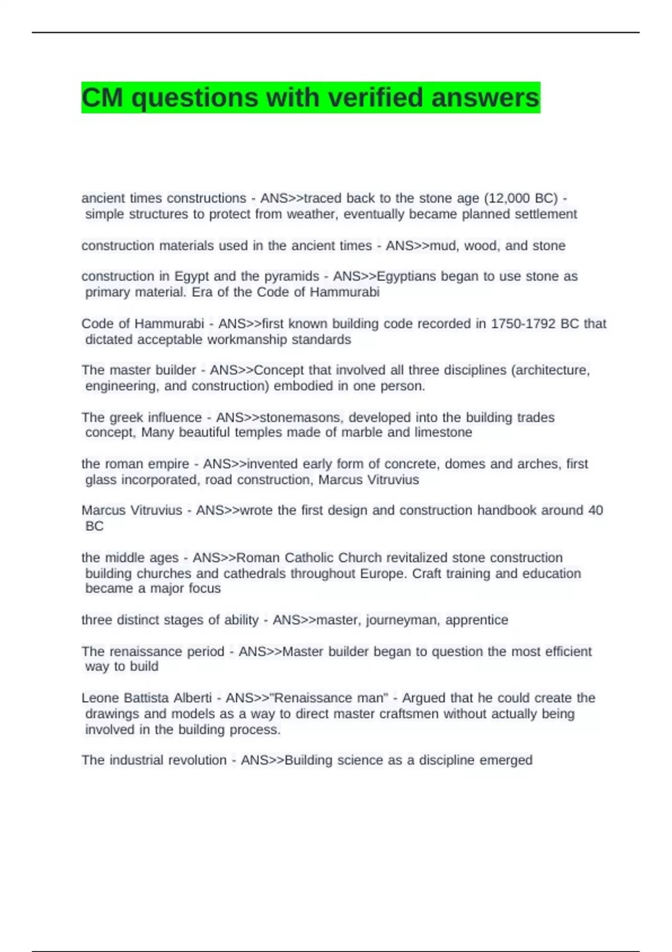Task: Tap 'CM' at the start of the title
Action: (x=102, y=97)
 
